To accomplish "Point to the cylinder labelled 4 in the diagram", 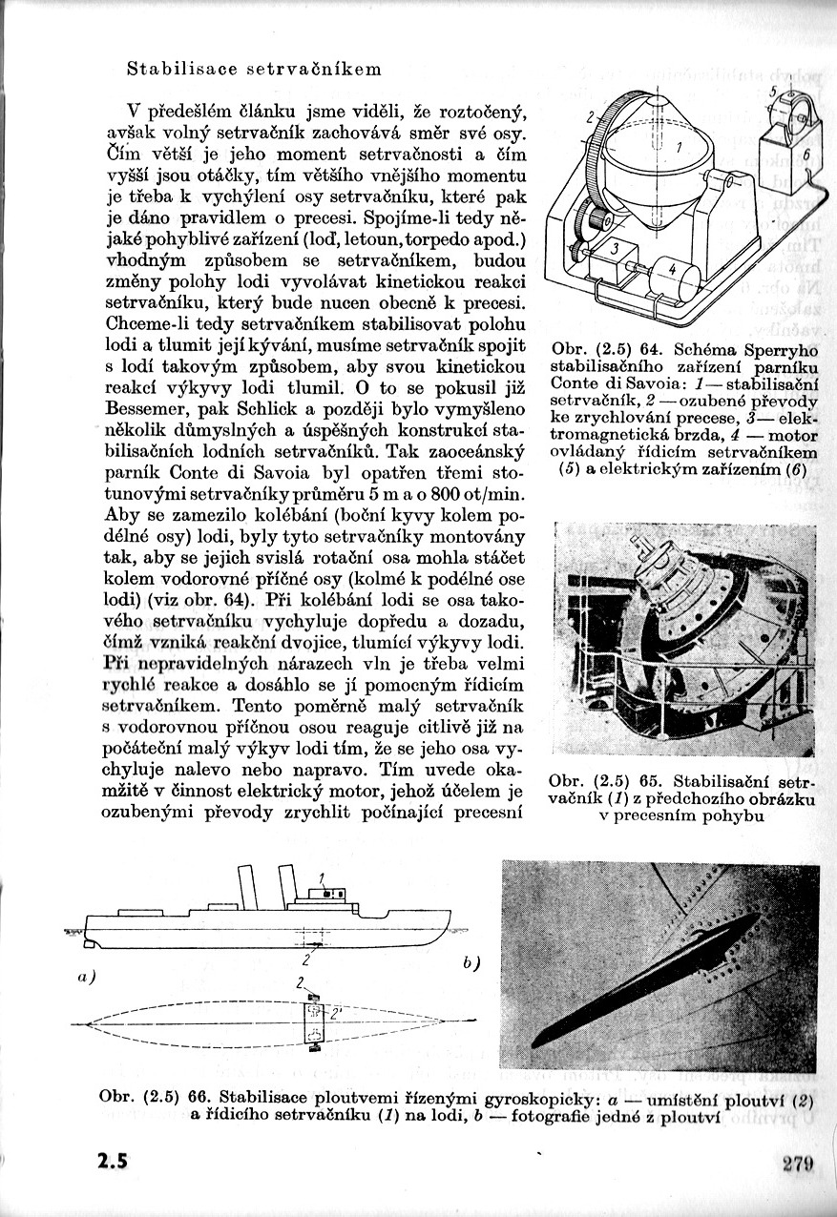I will point(673,271).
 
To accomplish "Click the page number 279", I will point(796,1163).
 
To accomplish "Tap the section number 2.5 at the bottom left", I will point(113,1163).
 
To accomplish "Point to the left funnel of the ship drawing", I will point(248,887).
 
